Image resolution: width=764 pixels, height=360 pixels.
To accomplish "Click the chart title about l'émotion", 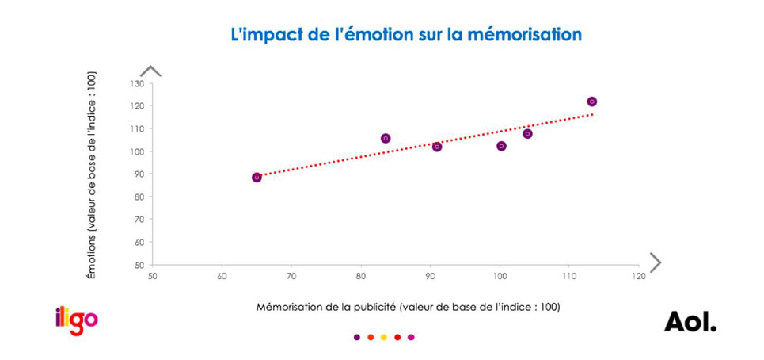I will point(405,35).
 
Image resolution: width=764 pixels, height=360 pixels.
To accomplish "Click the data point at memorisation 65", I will point(257,178).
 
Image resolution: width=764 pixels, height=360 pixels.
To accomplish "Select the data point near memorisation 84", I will point(386,138).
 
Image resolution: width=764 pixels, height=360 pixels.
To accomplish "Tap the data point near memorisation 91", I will point(436,147).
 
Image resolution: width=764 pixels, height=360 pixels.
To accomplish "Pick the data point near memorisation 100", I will point(501,146).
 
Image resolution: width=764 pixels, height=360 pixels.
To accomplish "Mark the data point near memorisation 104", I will point(527,134).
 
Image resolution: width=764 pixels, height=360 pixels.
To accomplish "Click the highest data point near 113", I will point(591,101).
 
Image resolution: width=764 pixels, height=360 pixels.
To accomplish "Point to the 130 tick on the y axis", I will point(137,83).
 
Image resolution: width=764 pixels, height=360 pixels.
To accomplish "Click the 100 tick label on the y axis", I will point(137,151).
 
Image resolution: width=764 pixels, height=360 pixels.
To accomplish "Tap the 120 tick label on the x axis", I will point(637,277).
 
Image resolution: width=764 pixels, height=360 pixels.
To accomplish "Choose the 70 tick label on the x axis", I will point(291,277).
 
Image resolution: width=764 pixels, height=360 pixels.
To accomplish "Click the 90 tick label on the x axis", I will point(430,277).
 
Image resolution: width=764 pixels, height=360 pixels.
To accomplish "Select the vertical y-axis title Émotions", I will point(92,174).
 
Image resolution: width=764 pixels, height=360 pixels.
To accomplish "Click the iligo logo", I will point(77,320).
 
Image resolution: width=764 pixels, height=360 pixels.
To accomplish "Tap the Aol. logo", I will point(690,321).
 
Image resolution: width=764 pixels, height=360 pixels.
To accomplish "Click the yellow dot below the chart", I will point(384,337).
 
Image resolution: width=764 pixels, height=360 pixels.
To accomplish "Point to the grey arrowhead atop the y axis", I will point(150,71).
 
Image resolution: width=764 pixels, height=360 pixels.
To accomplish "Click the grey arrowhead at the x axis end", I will point(655,262).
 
